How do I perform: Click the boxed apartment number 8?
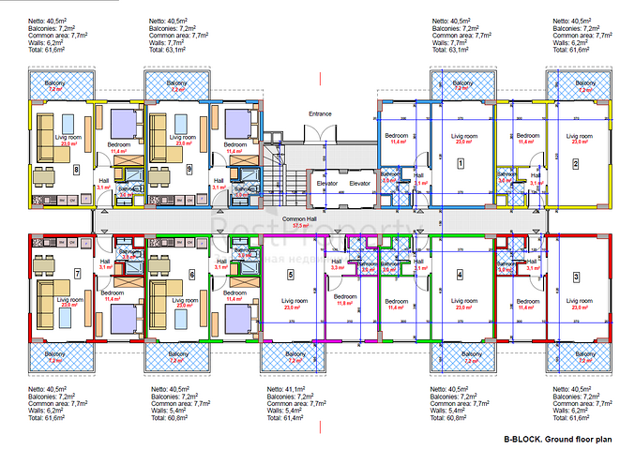77,170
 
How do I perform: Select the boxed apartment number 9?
190,170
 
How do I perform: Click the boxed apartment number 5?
290,275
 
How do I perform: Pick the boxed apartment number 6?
191,275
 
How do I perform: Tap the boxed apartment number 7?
77,274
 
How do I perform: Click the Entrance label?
321,113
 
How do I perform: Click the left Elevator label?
327,184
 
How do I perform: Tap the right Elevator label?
360,184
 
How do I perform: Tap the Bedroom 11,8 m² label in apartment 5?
343,300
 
